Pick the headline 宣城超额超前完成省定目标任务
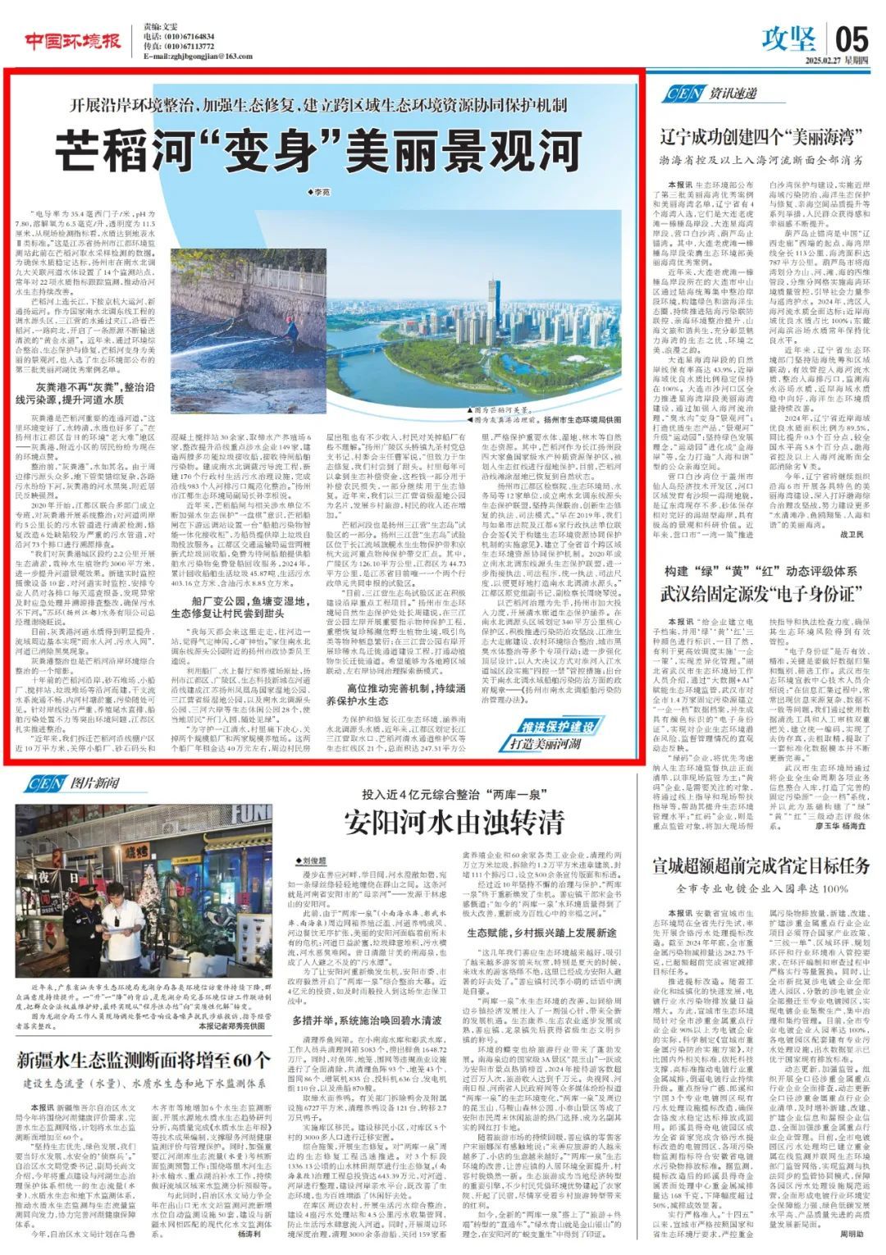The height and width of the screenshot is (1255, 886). tap(760, 865)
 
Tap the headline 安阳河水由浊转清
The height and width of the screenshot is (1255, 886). tap(454, 820)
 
